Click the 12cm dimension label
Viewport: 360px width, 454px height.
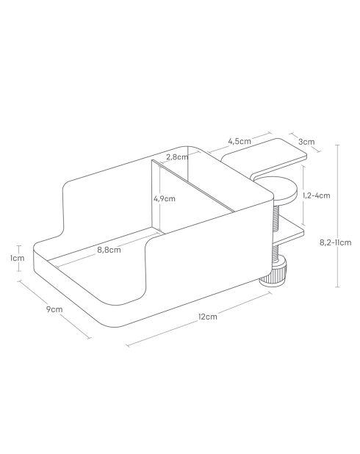206,317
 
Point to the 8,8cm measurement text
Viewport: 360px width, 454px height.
109,250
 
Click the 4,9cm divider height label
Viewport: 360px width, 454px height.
164,198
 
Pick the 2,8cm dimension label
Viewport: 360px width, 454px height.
176,156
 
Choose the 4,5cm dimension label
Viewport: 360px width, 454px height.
240,140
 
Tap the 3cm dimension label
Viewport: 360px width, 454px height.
307,141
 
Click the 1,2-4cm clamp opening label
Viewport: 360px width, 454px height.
316,195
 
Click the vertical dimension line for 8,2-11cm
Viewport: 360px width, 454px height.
337,217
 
